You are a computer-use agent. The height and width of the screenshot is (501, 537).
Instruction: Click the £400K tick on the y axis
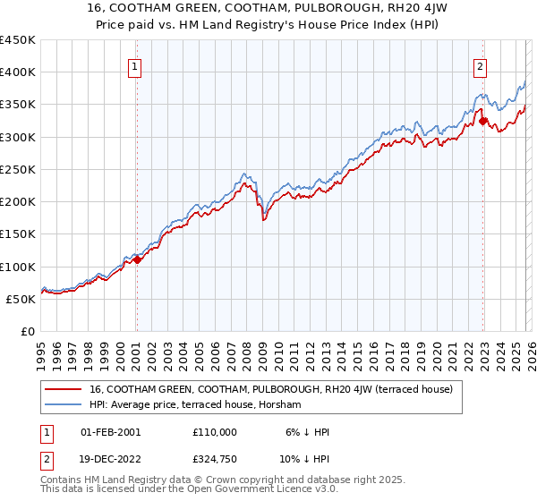pyautogui.click(x=18, y=72)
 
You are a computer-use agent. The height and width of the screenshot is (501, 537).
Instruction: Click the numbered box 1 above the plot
pyautogui.click(x=135, y=65)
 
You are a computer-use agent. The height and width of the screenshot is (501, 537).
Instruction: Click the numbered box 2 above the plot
pyautogui.click(x=481, y=65)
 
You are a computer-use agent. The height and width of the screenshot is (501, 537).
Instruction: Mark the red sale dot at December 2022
pyautogui.click(x=482, y=121)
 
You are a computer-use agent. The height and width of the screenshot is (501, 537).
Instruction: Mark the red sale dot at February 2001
pyautogui.click(x=137, y=259)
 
